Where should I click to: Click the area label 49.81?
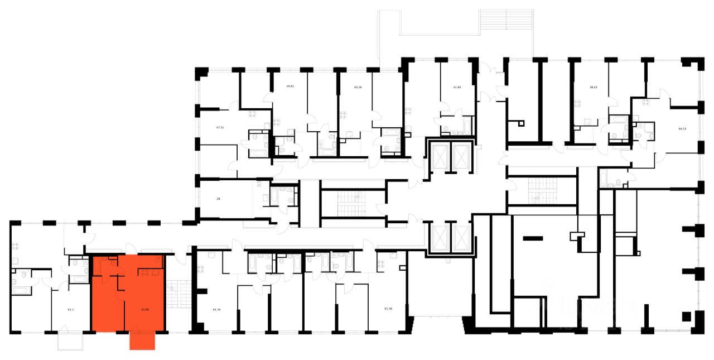(x=290, y=87)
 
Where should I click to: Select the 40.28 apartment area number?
(x=358, y=87)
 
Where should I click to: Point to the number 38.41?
(x=594, y=87)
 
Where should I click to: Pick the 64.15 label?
(x=682, y=128)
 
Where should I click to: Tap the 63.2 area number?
(x=71, y=309)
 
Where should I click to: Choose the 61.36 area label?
(x=388, y=309)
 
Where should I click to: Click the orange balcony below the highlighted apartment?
(x=142, y=340)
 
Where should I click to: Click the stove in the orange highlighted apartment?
(x=150, y=272)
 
